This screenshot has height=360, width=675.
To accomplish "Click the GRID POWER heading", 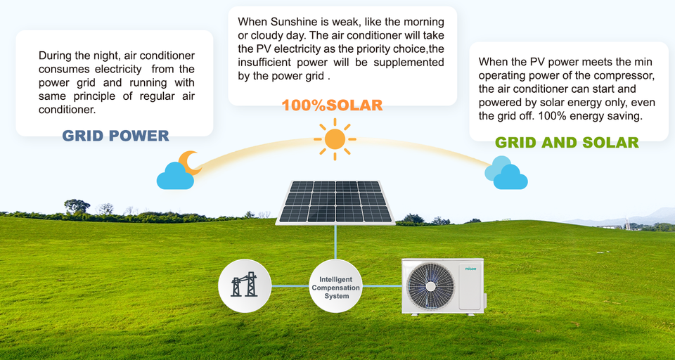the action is coord(116,136).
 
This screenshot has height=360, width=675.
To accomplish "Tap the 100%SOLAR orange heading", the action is coord(332,105).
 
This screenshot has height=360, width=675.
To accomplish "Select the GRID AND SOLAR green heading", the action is coord(567,143).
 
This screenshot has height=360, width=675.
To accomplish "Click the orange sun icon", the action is coord(335,139).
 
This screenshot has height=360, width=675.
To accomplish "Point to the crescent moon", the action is coord(190,163).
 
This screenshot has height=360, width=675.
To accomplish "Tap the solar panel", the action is coord(335,202).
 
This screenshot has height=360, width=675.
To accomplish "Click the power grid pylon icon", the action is coord(245,285).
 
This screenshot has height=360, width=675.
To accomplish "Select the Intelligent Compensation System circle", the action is coord(336,286).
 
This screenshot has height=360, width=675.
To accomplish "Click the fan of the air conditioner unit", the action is coord(430,285).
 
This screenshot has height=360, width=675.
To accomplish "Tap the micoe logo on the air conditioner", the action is coord(470,269).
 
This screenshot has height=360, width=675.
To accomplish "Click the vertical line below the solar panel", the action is coord(335,243).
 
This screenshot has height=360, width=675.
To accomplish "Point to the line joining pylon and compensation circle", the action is coord(290,285).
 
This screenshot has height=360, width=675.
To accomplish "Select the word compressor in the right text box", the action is coord(627,75).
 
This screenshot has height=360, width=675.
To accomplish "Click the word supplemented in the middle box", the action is coord(409,62).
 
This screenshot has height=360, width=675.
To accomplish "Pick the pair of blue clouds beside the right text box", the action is coord(506,173).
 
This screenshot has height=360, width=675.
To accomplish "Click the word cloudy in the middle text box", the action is coord(262,35).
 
